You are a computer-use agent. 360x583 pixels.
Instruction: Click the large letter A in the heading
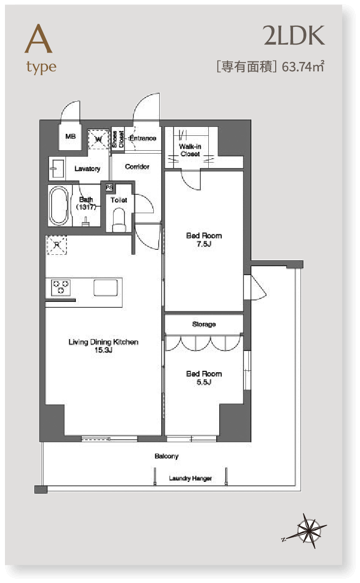click(x=38, y=39)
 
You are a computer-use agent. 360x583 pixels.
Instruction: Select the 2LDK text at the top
click(x=294, y=36)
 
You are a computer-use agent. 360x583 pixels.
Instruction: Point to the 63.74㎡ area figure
click(x=302, y=66)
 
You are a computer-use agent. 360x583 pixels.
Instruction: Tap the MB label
click(x=70, y=136)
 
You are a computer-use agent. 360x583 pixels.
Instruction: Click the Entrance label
click(x=143, y=138)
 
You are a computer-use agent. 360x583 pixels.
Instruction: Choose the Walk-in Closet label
click(x=190, y=150)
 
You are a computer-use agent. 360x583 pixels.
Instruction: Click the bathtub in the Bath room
click(x=59, y=206)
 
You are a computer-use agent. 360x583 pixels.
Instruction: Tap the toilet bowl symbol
click(x=119, y=220)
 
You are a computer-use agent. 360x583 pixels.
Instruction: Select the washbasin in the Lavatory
click(x=56, y=169)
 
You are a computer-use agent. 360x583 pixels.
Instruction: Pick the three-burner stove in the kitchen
click(x=60, y=288)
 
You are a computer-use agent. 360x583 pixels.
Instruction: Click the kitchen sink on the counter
click(x=106, y=288)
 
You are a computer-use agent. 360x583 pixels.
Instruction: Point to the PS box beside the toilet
click(x=109, y=188)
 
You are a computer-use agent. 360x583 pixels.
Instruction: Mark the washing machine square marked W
click(x=98, y=139)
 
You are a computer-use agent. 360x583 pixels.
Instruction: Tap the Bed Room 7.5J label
click(x=204, y=240)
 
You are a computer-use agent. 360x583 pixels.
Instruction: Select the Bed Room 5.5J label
click(x=204, y=378)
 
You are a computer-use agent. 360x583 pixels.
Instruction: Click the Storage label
click(x=204, y=324)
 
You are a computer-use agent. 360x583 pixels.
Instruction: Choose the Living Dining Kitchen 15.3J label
click(x=103, y=346)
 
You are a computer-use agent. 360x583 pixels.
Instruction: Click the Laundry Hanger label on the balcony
click(x=190, y=478)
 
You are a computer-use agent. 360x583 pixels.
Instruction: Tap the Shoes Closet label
click(x=118, y=139)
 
